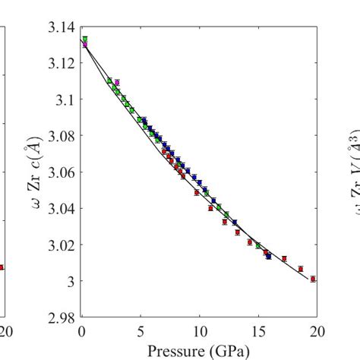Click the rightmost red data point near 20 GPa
tap(313, 279)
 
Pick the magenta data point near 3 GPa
tap(117, 82)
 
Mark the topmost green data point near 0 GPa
tap(85, 39)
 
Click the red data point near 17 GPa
tap(284, 259)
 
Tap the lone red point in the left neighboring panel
tap(2, 267)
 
